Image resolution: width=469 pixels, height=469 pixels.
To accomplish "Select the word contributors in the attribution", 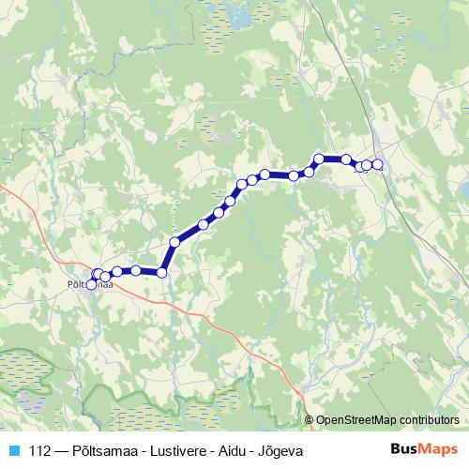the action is click(431, 421).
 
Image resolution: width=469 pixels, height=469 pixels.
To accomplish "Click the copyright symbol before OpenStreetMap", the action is click(310, 421).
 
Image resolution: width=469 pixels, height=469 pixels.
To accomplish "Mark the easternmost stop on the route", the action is click(378, 165).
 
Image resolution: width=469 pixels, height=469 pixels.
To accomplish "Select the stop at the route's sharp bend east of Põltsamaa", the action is click(161, 273).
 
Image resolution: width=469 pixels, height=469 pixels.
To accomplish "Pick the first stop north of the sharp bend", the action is click(174, 242).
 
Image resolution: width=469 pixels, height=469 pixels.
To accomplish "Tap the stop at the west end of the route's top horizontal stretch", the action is click(319, 159).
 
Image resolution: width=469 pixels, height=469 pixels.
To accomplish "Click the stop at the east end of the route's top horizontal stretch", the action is click(346, 159).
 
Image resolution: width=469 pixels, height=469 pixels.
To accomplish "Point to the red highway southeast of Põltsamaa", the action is click(225, 332).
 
